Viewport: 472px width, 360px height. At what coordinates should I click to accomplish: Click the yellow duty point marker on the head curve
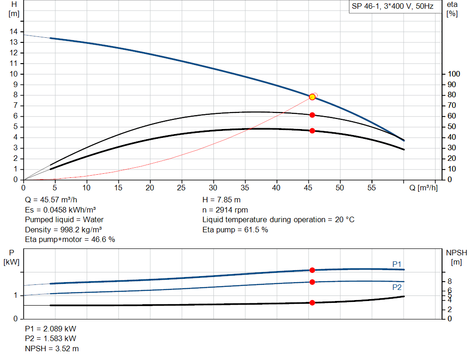pyautogui.click(x=312, y=97)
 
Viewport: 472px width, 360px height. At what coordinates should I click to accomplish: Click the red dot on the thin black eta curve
pyautogui.click(x=312, y=115)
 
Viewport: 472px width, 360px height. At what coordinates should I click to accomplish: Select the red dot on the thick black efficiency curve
pyautogui.click(x=312, y=131)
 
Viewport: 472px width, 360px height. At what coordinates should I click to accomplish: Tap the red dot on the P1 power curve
pyautogui.click(x=312, y=270)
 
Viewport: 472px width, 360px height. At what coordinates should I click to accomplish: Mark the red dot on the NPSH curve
pyautogui.click(x=312, y=303)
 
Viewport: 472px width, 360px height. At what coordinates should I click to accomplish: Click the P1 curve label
pyautogui.click(x=397, y=264)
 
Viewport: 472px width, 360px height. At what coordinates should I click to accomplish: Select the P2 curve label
pyautogui.click(x=397, y=287)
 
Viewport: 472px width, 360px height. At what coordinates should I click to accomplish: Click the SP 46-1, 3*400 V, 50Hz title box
pyautogui.click(x=392, y=7)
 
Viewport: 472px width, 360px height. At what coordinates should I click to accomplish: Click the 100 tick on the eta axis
pyautogui.click(x=454, y=74)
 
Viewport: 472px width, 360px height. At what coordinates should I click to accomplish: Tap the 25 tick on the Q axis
pyautogui.click(x=182, y=188)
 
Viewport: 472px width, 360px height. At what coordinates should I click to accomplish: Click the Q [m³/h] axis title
pyautogui.click(x=423, y=188)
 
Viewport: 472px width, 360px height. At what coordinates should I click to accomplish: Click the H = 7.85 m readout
pyautogui.click(x=221, y=200)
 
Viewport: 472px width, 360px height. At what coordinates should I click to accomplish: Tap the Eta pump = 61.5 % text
pyautogui.click(x=235, y=230)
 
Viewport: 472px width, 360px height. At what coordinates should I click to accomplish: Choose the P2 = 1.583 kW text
pyautogui.click(x=51, y=339)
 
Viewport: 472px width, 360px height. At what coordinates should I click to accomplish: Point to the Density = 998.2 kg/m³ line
pyautogui.click(x=64, y=230)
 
